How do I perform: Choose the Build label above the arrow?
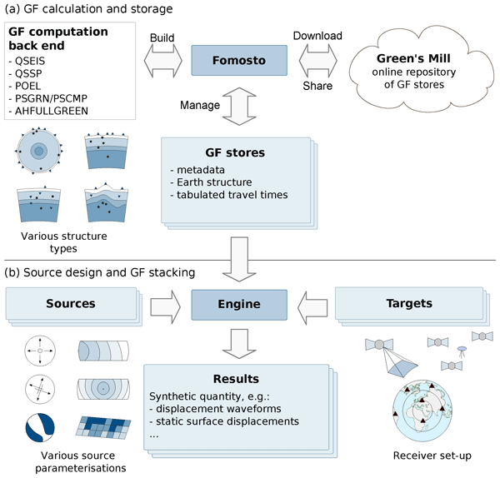(x=161, y=38)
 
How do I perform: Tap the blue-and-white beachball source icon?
(x=39, y=426)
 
